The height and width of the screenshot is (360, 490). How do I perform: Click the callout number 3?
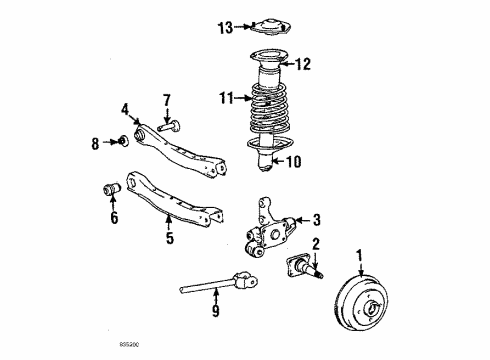coord(316,220)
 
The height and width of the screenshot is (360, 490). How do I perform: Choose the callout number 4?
coord(125,108)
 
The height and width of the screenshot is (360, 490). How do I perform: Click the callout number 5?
coord(169,239)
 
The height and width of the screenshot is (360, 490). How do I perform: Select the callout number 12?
coord(304,64)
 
